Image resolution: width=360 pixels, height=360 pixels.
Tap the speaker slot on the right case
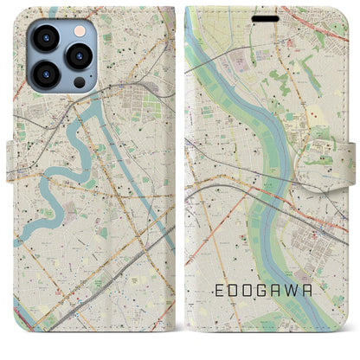pos(266,18)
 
